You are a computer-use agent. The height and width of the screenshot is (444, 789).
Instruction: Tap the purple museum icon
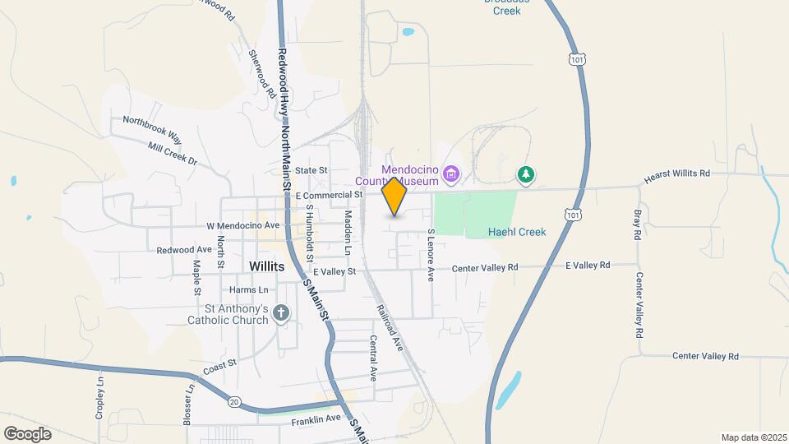(450, 174)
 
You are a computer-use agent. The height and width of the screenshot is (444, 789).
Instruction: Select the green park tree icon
(526, 174)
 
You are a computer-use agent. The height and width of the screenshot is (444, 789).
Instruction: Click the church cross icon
(281, 312)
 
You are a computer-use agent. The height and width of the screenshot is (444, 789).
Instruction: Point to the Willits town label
(266, 267)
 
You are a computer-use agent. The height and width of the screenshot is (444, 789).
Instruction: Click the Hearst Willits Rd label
(676, 174)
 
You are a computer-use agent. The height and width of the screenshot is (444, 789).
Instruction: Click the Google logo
(27, 433)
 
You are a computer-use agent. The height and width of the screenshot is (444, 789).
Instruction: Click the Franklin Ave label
(316, 420)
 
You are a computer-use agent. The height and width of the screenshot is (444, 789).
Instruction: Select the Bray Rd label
(637, 224)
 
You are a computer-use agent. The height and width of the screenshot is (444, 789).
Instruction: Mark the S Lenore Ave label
(430, 255)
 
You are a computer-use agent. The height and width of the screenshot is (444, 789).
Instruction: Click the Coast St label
(220, 366)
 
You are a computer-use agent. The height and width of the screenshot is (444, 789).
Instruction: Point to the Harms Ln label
(249, 289)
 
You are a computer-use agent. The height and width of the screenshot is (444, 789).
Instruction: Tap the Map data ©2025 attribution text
(752, 437)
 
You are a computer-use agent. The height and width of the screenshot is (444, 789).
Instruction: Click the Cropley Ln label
(100, 398)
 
